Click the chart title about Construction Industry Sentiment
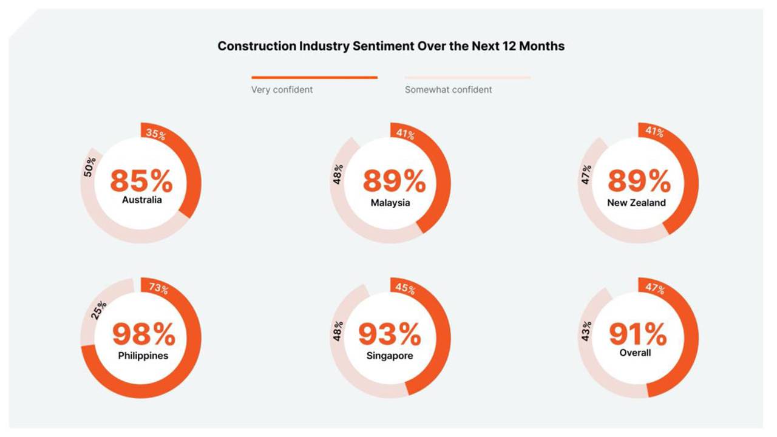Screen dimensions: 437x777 [x=391, y=46]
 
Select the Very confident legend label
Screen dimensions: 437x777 [x=282, y=90]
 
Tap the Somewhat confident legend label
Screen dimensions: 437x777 [x=448, y=90]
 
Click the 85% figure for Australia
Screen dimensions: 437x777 [x=141, y=181]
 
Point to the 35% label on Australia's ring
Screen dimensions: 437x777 [x=156, y=135]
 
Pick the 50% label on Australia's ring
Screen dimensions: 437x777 [x=89, y=168]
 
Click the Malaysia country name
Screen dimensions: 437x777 [x=390, y=203]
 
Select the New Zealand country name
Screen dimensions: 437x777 [x=636, y=203]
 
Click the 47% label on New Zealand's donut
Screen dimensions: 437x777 [x=586, y=174]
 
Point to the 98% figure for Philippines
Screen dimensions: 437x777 [x=144, y=334]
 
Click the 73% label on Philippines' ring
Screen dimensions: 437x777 [x=158, y=289]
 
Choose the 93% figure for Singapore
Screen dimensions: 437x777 [x=389, y=334]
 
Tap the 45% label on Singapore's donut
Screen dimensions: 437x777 [x=405, y=289]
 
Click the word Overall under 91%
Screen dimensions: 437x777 [x=635, y=353]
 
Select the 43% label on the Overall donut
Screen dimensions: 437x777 [x=586, y=331]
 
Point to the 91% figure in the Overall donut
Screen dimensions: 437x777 [x=637, y=334]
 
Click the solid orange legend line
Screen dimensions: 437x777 [x=314, y=78]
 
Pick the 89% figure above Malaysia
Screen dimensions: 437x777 [x=394, y=181]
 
